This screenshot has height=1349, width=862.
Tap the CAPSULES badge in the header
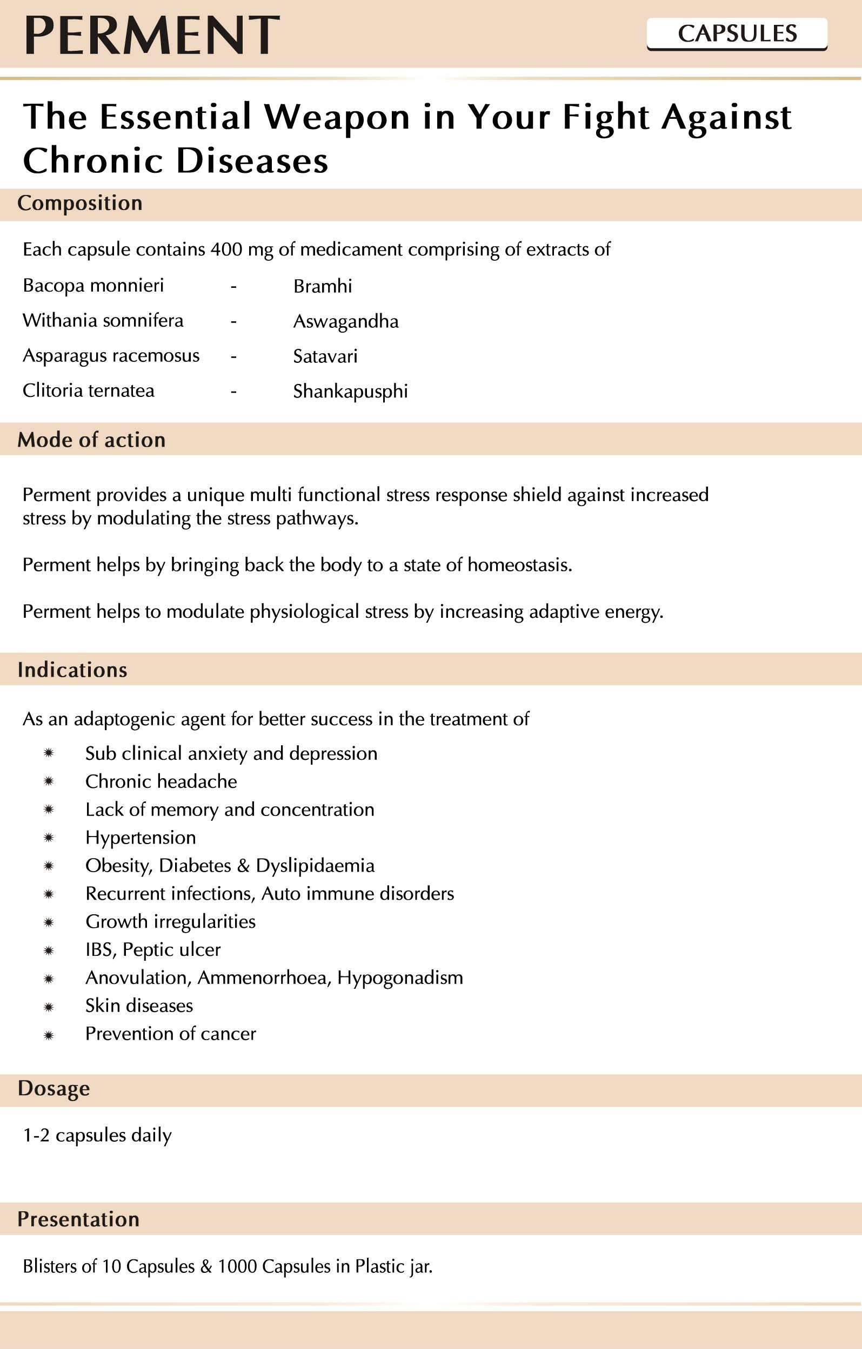(x=737, y=33)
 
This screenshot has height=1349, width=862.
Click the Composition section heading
(x=79, y=203)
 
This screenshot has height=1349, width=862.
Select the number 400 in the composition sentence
(x=226, y=249)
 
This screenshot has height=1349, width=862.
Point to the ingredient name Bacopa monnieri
(x=93, y=286)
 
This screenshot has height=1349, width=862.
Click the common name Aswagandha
(x=346, y=321)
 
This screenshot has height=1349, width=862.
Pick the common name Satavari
(x=325, y=356)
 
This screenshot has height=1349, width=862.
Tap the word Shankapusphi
(x=350, y=392)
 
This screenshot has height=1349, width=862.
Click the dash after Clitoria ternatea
(x=233, y=392)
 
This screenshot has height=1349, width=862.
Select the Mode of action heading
(x=91, y=440)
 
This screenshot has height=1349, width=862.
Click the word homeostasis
(x=519, y=565)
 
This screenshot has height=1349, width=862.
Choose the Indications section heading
(x=72, y=670)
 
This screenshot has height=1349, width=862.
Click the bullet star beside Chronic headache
(x=49, y=781)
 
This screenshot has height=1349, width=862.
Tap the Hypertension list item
(x=141, y=838)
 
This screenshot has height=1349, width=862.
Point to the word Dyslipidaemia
(x=315, y=866)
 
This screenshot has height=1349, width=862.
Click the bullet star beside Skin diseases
(x=49, y=1007)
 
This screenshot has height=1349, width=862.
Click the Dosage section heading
(x=54, y=1088)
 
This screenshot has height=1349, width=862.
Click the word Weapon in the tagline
(x=336, y=118)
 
